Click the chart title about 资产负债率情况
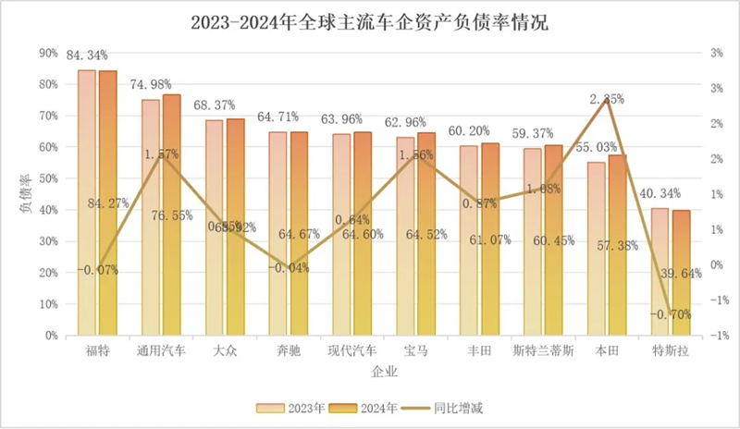tap(369, 21)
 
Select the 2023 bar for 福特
tap(87, 203)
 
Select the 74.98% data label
tap(151, 85)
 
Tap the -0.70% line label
tap(670, 313)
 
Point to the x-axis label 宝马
tap(411, 351)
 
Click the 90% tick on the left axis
tap(48, 54)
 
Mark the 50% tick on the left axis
tap(48, 178)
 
